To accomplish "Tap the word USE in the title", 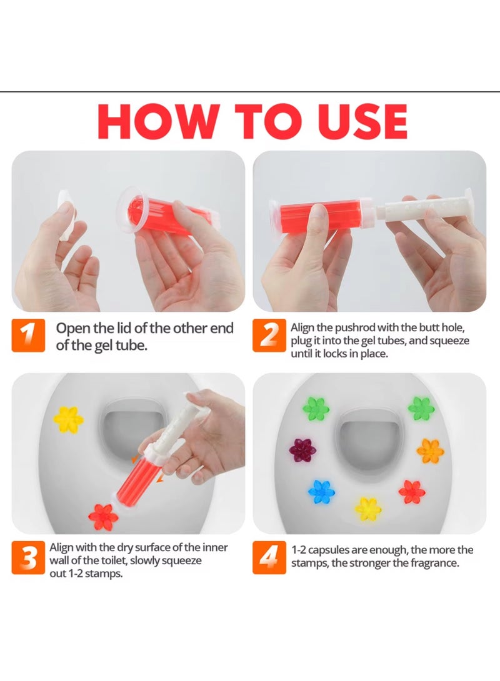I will pos(353,121).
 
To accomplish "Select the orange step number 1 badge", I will pos(29,336).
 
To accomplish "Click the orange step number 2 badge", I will pos(269,336).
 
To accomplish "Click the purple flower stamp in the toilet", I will pos(303,449).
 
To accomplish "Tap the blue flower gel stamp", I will pos(321,491).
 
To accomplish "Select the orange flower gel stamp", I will pos(430,450).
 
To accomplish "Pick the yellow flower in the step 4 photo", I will pos(368,509).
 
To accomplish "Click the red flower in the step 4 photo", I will pos(412,491).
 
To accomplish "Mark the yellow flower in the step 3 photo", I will pos(68,419).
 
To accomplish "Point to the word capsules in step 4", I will pos(333,550).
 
